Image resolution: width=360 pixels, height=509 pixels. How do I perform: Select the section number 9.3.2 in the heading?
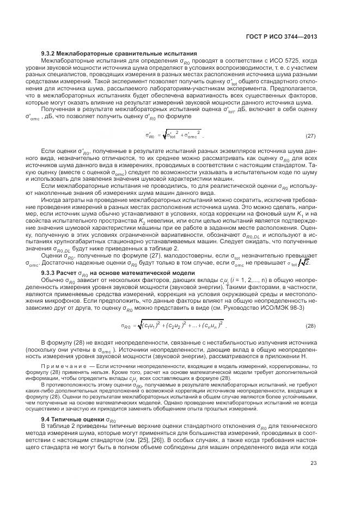point(51,53)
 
